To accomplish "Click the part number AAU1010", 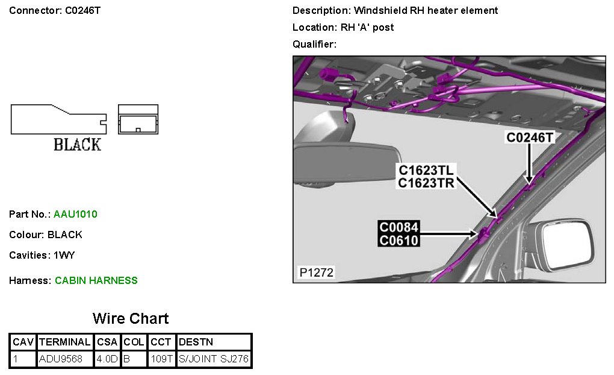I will (x=75, y=214).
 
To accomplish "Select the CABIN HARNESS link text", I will (x=96, y=280).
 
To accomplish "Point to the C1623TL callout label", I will (x=426, y=170).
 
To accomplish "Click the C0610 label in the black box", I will (x=399, y=240).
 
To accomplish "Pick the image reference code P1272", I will (x=317, y=273).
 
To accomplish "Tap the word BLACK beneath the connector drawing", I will (x=77, y=145).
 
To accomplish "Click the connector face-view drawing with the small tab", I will (x=138, y=119).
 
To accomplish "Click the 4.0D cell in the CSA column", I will (x=108, y=360).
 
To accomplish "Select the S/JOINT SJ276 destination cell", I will (x=214, y=360).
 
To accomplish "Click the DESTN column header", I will (x=196, y=342).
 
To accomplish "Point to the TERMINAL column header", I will (x=65, y=342).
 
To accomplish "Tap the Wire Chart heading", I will (x=131, y=319).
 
